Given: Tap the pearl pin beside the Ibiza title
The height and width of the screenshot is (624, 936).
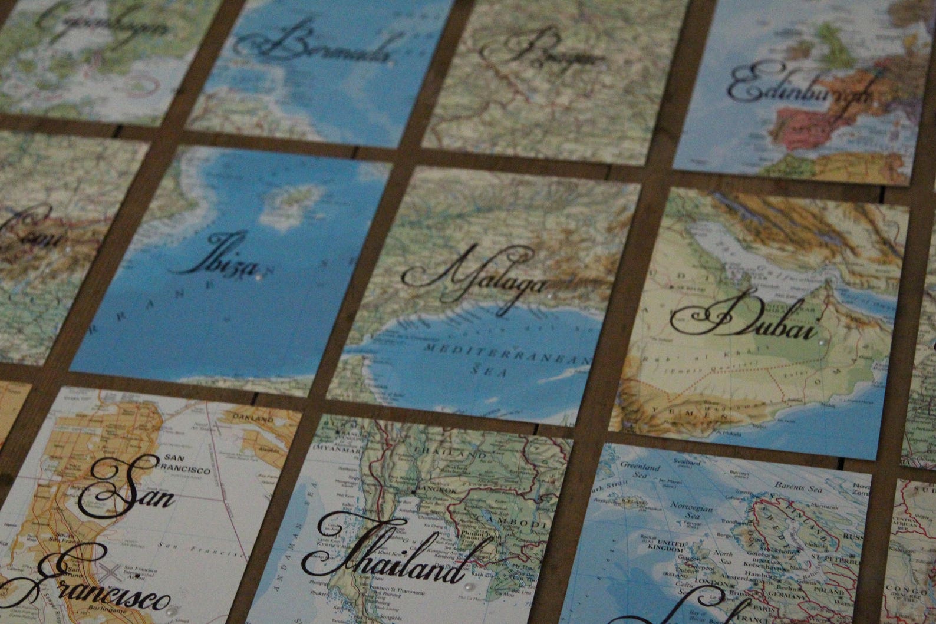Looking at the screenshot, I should [x=258, y=273].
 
